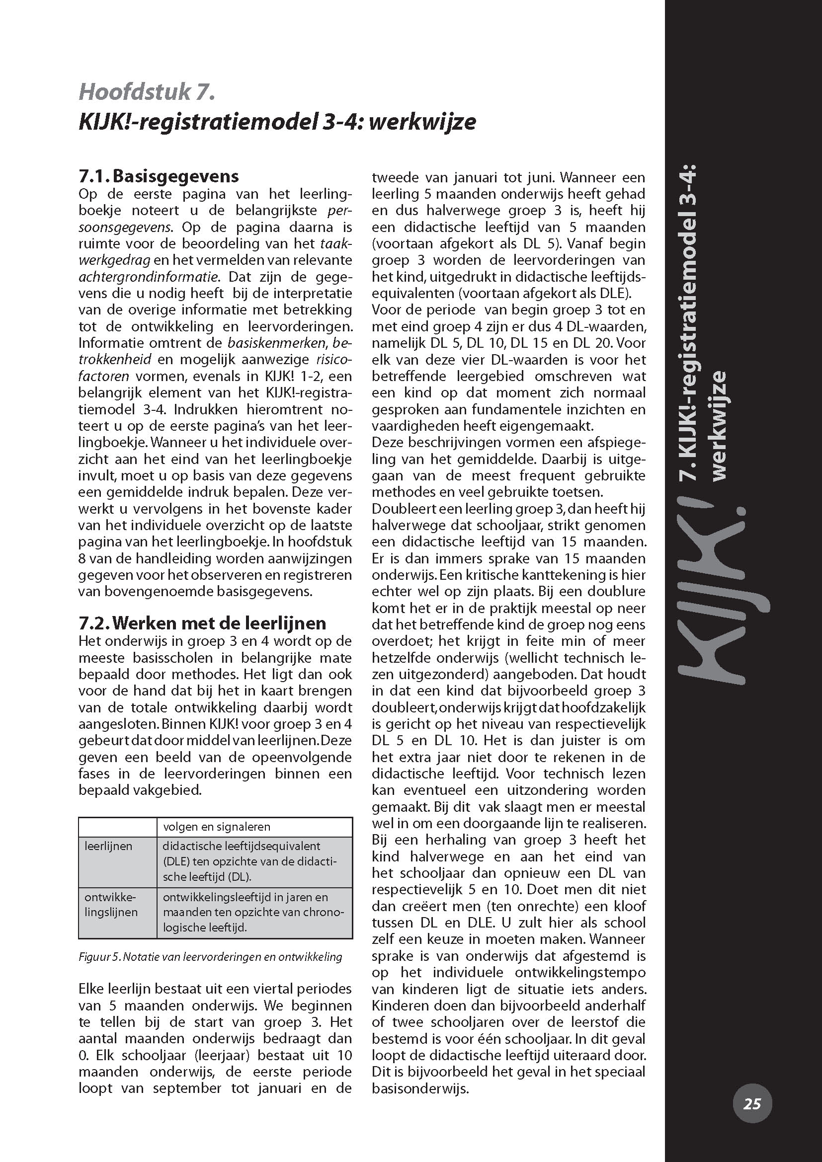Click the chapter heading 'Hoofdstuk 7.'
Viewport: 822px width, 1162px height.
pyautogui.click(x=147, y=92)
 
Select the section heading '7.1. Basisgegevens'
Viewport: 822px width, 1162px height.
pyautogui.click(x=159, y=176)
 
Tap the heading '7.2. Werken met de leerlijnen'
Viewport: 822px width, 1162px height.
pyautogui.click(x=202, y=622)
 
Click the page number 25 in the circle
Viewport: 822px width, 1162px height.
pyautogui.click(x=751, y=1103)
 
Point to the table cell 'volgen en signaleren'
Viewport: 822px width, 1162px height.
pyautogui.click(x=217, y=827)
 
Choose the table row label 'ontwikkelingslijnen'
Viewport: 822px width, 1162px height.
pyautogui.click(x=111, y=904)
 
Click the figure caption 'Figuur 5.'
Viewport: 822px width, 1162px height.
pyautogui.click(x=100, y=957)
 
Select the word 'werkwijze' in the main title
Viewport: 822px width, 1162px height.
pyautogui.click(x=422, y=123)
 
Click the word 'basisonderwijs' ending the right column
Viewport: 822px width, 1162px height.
pyautogui.click(x=419, y=1089)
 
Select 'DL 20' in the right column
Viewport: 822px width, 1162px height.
pyautogui.click(x=591, y=343)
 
